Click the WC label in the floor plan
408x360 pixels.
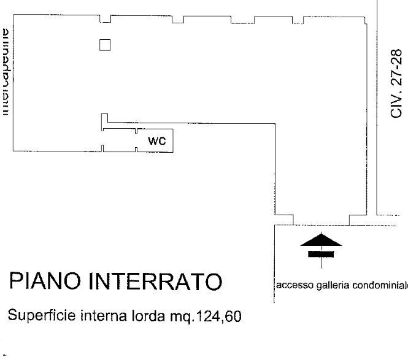click(157, 140)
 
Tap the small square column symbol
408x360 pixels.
click(105, 45)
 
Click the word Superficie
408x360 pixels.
click(35, 316)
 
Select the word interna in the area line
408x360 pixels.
click(98, 316)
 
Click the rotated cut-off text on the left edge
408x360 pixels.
click(6, 72)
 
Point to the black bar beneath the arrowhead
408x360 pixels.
click(320, 253)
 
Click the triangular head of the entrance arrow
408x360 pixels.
click(320, 240)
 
